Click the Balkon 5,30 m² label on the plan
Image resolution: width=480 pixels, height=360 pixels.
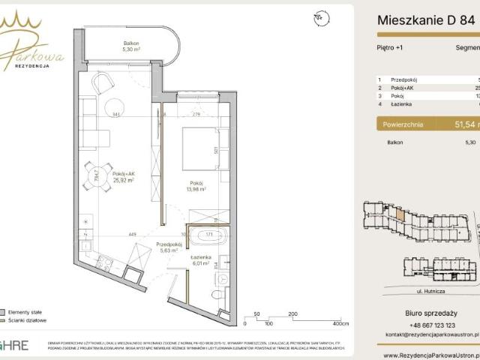(131, 47)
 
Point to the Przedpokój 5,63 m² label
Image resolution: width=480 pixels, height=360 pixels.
(169, 248)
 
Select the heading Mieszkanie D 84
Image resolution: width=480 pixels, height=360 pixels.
(424, 21)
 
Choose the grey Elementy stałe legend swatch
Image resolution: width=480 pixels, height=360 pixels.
(4, 311)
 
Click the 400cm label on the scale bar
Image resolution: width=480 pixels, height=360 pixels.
(341, 323)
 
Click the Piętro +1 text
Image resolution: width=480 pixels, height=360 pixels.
(389, 46)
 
